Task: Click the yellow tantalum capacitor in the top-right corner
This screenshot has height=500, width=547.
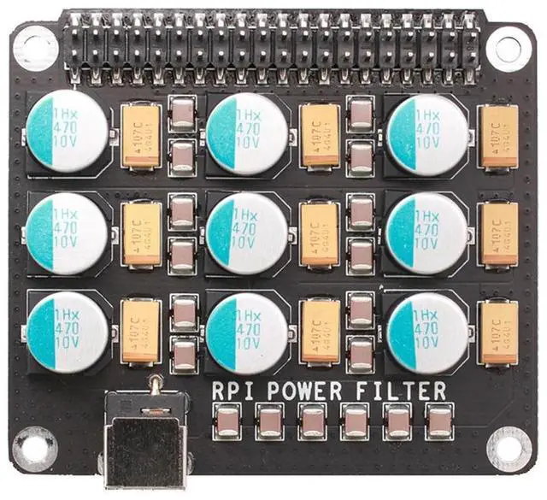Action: (x=498, y=135)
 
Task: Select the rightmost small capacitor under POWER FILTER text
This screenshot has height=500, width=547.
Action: (x=438, y=420)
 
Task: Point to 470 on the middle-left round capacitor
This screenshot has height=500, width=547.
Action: (x=66, y=230)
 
